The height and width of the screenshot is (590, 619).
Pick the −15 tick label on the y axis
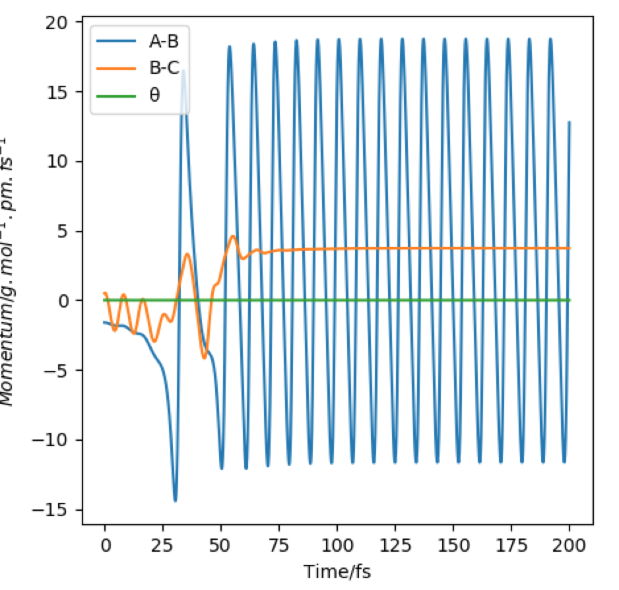point(57,510)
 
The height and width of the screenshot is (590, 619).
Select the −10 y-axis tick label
point(57,440)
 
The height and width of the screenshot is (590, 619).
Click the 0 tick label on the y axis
point(67,301)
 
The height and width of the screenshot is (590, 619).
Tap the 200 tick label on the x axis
point(570,545)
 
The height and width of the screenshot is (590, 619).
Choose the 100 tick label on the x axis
point(337,545)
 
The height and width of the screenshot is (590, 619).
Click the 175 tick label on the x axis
point(511,545)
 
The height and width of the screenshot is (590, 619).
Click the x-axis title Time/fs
point(337,570)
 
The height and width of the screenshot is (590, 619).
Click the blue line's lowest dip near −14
point(175,501)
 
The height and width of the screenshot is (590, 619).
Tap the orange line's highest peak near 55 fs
point(233,236)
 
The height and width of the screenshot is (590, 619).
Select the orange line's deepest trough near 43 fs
point(205,358)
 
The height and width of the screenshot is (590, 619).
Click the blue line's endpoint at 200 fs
point(569,122)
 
